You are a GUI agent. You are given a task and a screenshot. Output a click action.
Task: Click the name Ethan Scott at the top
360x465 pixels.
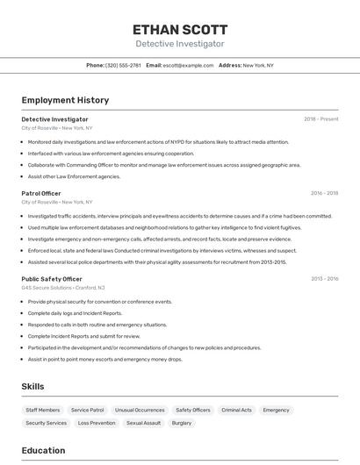point(179,29)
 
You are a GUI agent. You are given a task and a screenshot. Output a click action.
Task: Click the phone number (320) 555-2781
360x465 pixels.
point(123,65)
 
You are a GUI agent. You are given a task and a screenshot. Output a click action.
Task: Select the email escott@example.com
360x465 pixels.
point(188,65)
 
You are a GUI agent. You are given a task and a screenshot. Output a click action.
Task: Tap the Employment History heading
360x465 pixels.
point(65,100)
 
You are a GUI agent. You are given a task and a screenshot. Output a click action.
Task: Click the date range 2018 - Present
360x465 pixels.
point(320,119)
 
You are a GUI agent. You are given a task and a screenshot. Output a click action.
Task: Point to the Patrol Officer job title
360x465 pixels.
point(41,193)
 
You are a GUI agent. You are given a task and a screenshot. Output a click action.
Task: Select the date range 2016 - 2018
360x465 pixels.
point(324,193)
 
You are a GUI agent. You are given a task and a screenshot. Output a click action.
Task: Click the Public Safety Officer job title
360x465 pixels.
point(52,279)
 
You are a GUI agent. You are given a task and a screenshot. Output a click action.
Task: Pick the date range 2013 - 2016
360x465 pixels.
point(324,279)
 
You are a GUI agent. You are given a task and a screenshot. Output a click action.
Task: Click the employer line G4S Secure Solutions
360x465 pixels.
point(62,288)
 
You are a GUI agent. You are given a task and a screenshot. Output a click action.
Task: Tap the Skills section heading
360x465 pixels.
point(32,386)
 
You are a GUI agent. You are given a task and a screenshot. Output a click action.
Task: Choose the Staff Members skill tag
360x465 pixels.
point(43,410)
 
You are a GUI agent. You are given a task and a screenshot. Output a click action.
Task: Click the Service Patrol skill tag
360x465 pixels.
point(88,410)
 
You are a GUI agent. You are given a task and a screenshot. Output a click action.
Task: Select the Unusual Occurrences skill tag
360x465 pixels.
point(139,410)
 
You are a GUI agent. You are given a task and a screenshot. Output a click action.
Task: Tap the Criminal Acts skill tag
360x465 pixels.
point(236,410)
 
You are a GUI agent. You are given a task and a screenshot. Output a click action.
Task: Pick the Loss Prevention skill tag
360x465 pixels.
point(97,423)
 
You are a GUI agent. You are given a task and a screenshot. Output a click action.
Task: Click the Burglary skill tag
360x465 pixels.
point(182,423)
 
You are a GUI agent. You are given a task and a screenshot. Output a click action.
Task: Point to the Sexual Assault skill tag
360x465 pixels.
point(143,423)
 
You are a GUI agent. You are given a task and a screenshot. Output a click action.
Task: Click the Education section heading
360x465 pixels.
point(43,451)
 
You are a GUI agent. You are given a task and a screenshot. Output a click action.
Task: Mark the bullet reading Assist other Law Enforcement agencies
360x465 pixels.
point(74,176)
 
